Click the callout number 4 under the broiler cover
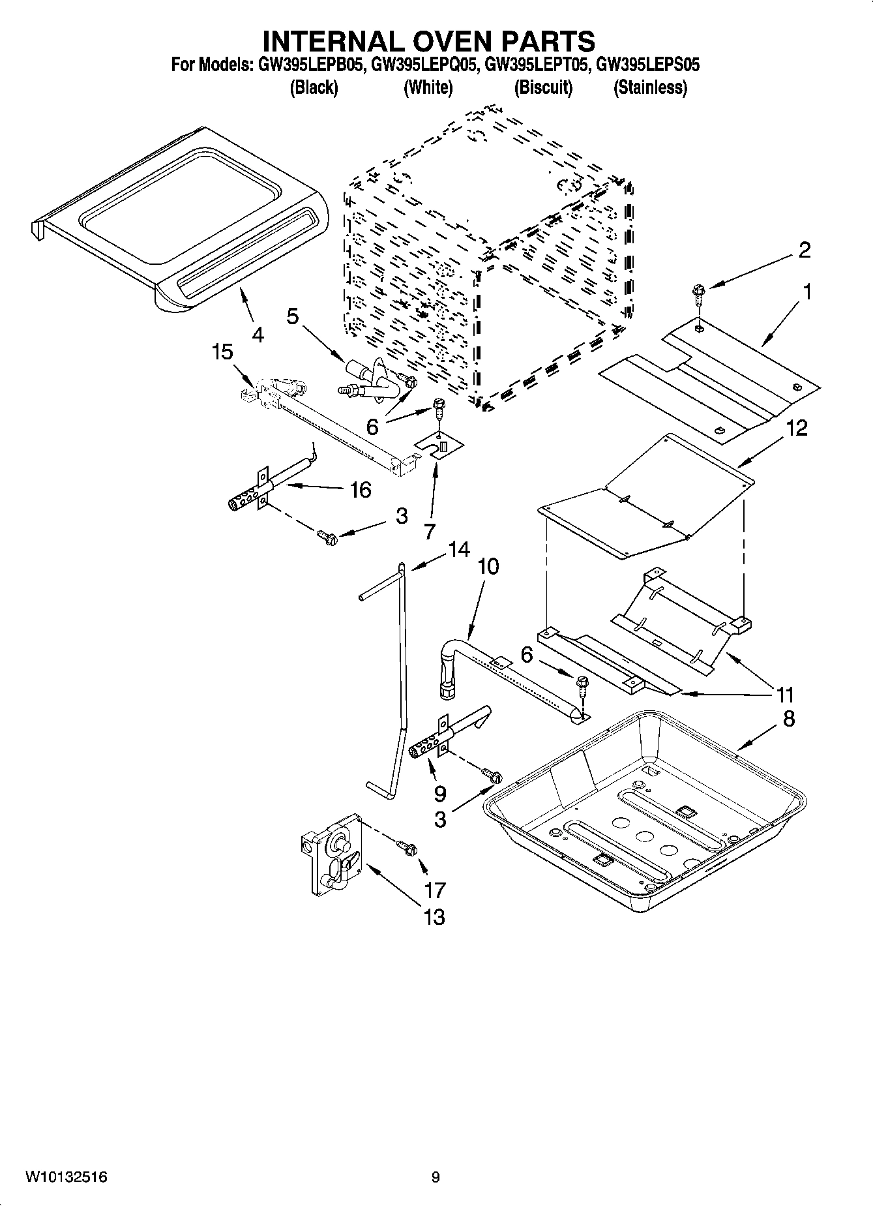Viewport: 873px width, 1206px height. (258, 335)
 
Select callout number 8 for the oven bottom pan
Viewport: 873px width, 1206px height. (789, 719)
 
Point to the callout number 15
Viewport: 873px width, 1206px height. (222, 352)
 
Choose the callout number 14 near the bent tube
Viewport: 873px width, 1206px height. (458, 549)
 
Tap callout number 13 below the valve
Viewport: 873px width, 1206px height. (434, 916)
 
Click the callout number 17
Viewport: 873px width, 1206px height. (434, 889)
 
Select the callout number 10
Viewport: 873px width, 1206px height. (488, 566)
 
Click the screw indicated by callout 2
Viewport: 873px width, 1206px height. (698, 290)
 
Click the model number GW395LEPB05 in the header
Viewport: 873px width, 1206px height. (309, 65)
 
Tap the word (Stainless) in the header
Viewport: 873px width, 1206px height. (650, 87)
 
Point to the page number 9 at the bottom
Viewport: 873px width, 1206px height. (436, 1177)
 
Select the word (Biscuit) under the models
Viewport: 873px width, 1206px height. (543, 87)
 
